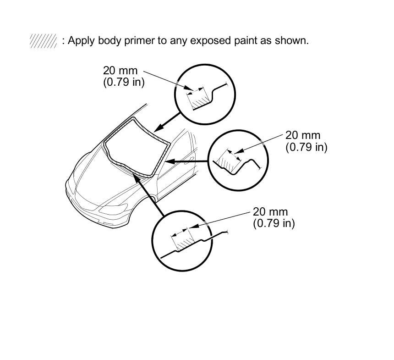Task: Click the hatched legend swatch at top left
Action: pos(43,41)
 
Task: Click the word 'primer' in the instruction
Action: pos(137,41)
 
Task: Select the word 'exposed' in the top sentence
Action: pos(215,41)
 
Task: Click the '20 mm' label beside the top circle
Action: pos(120,71)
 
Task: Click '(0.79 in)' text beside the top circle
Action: pos(124,83)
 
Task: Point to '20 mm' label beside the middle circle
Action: pos(303,135)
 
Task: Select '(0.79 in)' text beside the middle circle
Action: pos(306,147)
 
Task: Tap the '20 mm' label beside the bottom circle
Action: pos(270,211)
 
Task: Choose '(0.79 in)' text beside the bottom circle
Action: pos(274,223)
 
